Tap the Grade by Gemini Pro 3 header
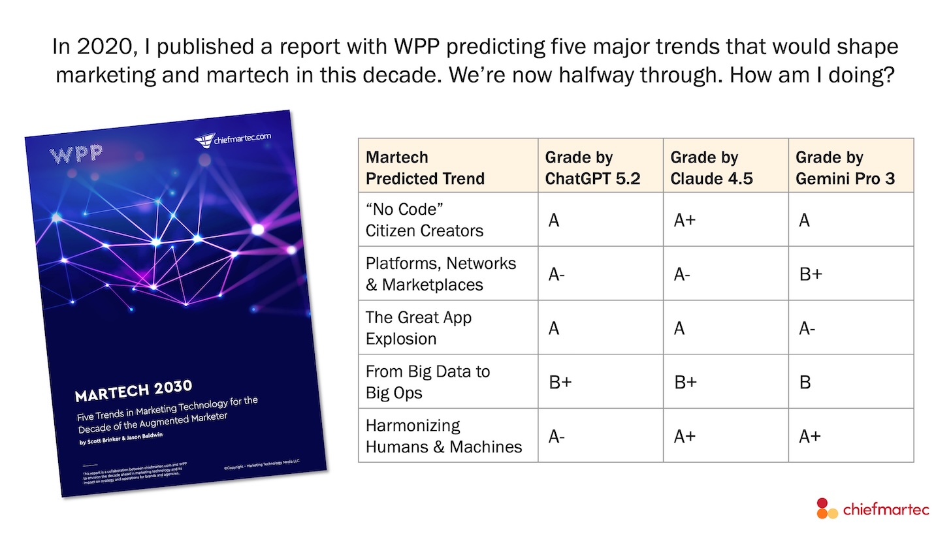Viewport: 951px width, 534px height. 845,167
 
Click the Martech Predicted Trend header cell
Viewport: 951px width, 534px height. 425,167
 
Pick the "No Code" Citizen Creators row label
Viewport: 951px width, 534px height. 425,220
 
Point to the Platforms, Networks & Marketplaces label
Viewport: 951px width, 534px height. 441,274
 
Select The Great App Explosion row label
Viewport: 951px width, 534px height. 419,328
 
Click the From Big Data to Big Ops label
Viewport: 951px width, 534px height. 428,382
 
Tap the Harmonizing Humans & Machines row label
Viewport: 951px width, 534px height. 443,436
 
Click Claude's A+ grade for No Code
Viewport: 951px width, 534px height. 685,221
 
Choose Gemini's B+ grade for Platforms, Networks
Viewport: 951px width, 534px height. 811,275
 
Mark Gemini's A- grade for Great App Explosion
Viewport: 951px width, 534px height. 807,328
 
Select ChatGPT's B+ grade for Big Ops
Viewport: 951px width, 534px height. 560,383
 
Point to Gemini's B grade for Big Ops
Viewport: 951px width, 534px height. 805,383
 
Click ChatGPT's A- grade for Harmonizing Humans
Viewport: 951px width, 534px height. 556,437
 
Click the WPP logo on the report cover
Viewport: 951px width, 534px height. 76,154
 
